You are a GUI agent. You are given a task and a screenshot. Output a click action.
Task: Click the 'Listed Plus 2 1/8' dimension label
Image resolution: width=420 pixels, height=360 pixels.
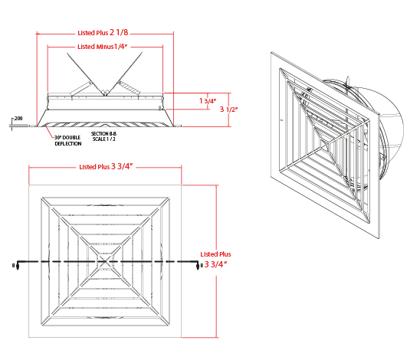pos(103,33)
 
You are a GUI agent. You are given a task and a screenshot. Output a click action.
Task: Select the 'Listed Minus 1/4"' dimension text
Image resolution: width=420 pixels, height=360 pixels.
pos(103,47)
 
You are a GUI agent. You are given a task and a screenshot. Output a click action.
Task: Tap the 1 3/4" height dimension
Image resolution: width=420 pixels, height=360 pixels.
pos(208,101)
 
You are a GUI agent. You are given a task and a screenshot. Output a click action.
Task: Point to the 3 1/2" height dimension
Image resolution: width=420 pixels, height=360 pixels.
pos(228,110)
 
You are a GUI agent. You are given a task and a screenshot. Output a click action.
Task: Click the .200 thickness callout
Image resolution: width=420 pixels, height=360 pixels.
pos(18,118)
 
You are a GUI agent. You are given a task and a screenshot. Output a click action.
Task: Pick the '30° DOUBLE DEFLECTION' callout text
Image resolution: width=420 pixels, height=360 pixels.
pos(67,140)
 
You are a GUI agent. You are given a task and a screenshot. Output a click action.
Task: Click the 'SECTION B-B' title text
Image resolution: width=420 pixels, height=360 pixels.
pos(103,133)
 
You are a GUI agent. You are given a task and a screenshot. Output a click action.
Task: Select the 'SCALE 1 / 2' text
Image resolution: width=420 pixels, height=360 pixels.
pos(104,139)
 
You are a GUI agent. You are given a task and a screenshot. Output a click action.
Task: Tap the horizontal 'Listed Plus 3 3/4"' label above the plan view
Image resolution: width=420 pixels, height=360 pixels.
pos(106,166)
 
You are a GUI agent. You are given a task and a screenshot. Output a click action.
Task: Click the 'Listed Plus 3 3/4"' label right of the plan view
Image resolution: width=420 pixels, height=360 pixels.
pos(215,260)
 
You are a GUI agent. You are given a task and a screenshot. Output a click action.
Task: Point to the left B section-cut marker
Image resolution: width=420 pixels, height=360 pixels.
pos(16,265)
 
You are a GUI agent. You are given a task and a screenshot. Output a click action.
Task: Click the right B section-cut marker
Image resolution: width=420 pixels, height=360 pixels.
pos(199,265)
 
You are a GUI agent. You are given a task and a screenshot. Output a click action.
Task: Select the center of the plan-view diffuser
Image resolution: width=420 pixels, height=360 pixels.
pos(105,261)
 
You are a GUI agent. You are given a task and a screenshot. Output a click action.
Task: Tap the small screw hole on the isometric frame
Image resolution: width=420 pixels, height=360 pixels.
pos(281,120)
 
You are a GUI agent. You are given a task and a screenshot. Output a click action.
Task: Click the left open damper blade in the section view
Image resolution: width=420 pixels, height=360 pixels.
pos(85,74)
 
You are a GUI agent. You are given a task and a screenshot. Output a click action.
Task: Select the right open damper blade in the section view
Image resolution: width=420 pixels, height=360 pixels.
pos(125,74)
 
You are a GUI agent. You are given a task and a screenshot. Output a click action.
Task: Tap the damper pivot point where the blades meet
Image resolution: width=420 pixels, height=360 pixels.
pos(105,93)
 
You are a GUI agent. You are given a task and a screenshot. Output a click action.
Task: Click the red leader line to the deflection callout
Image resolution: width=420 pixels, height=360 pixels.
pos(50,132)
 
